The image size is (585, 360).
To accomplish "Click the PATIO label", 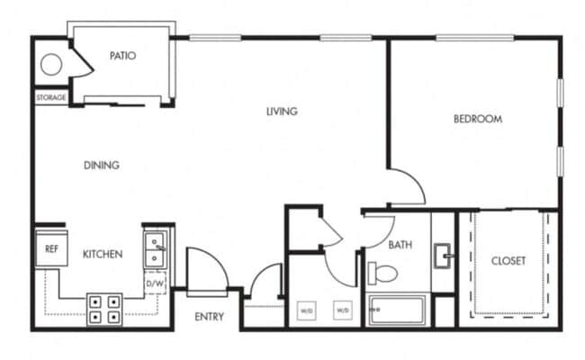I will pyautogui.click(x=122, y=56).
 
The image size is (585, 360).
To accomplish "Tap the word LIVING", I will pyautogui.click(x=282, y=112).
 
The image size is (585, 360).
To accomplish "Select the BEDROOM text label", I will pyautogui.click(x=477, y=119).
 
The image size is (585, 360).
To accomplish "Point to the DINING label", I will pyautogui.click(x=102, y=165).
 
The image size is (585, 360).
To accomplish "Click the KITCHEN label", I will pyautogui.click(x=103, y=255).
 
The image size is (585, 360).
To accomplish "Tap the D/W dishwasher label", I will pyautogui.click(x=155, y=284).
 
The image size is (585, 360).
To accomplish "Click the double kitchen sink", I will pyautogui.click(x=155, y=247).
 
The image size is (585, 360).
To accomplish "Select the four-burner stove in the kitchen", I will pyautogui.click(x=103, y=309).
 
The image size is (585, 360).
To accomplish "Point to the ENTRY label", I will pyautogui.click(x=209, y=317).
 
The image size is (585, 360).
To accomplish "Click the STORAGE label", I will pyautogui.click(x=50, y=97).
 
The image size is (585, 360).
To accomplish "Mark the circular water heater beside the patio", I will pyautogui.click(x=50, y=65).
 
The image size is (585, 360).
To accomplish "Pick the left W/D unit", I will pyautogui.click(x=307, y=310).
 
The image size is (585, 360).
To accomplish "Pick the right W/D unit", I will pyautogui.click(x=343, y=310).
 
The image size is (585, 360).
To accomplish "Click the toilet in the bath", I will pyautogui.click(x=382, y=272).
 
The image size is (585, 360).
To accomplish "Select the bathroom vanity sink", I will pyautogui.click(x=443, y=256).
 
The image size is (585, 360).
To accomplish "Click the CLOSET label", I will pyautogui.click(x=508, y=261).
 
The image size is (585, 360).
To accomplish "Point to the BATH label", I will pyautogui.click(x=400, y=244).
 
